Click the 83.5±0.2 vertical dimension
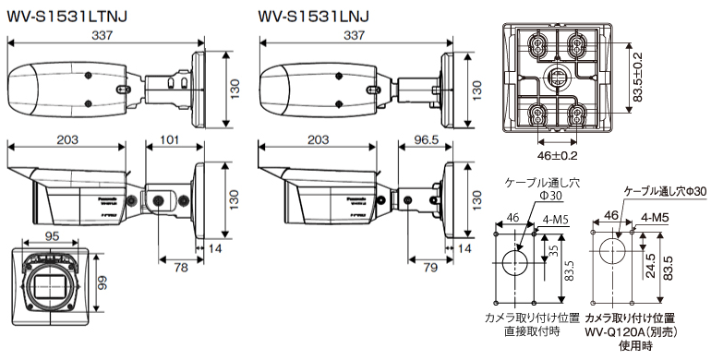[637, 78]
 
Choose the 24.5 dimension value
[649, 267]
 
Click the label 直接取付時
[533, 330]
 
